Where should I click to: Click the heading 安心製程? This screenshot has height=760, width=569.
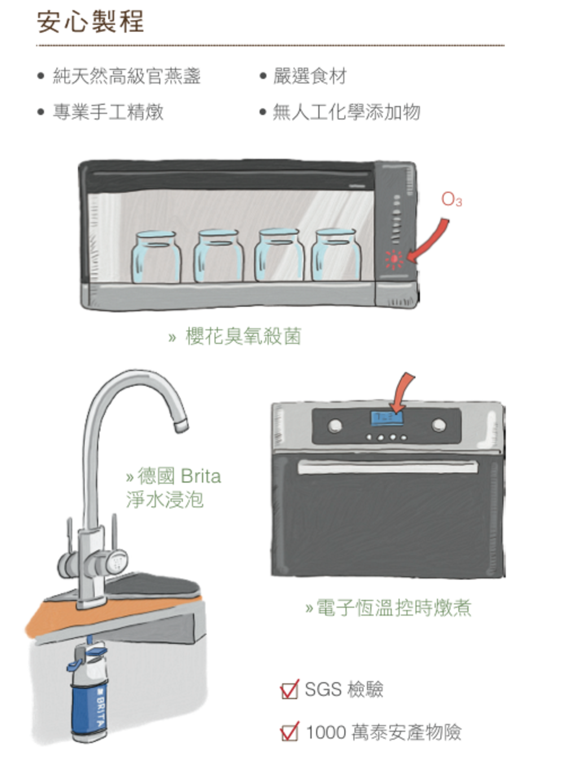90,22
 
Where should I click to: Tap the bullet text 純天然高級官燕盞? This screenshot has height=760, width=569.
126,76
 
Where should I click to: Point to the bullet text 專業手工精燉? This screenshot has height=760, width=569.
108,112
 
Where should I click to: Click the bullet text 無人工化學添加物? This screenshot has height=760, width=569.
346,112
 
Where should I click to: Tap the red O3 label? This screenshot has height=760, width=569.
451,199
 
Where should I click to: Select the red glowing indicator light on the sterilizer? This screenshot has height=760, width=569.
393,259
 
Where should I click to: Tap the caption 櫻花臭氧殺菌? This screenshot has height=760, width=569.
243,336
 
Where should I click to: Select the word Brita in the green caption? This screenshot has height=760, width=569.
201,476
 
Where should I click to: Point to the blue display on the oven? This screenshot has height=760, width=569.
386,418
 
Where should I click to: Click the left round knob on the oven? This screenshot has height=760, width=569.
335,425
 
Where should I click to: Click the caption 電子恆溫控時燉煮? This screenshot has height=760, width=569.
393,608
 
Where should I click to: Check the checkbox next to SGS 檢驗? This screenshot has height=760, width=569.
289,689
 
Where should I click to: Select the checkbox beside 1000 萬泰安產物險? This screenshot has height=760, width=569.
289,732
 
